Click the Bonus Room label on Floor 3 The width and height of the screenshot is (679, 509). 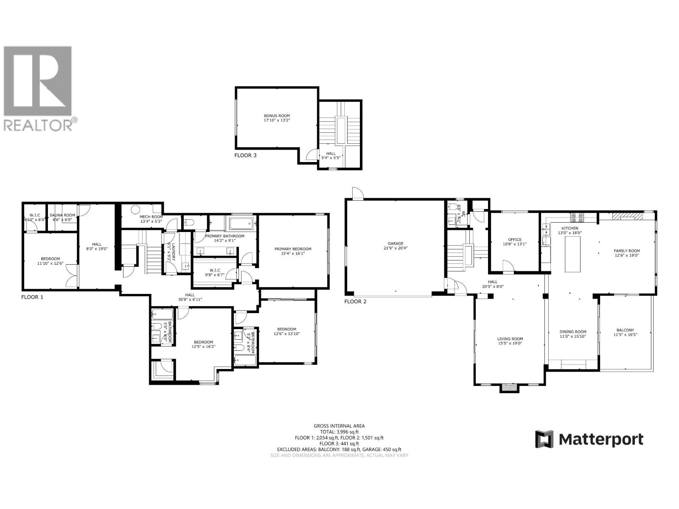click(277, 115)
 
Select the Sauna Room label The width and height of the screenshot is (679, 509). click(64, 215)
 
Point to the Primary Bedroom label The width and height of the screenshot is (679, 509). click(293, 249)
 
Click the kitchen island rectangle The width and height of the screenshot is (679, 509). click(572, 254)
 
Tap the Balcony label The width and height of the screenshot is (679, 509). click(625, 330)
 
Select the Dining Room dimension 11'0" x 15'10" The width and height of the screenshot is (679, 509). click(572, 337)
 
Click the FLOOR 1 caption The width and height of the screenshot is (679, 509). click(32, 297)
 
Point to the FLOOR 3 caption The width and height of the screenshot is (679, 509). click(245, 155)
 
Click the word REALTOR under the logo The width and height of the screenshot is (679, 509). click(37, 125)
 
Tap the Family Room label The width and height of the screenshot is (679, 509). click(626, 251)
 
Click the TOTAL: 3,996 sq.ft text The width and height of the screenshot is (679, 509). click(339, 432)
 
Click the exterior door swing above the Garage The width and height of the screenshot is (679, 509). click(358, 194)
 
